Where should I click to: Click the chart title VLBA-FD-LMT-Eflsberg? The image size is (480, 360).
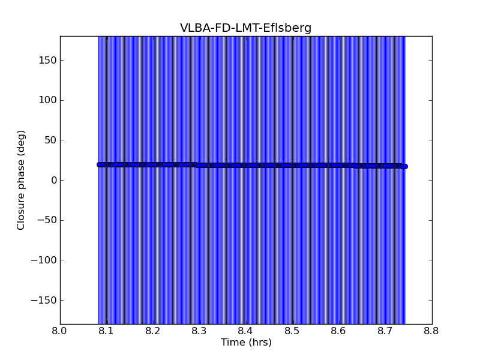245,28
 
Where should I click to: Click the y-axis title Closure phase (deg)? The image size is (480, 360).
22,180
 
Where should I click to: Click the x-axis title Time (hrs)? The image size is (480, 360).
246,343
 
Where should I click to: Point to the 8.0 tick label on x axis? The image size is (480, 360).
60,331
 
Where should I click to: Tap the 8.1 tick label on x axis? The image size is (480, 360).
106,331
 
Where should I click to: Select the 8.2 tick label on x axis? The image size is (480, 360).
153,331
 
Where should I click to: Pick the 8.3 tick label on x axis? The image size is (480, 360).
199,331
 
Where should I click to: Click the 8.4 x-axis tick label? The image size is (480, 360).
246,331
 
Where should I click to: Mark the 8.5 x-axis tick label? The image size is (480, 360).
292,331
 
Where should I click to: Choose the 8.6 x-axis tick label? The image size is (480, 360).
339,331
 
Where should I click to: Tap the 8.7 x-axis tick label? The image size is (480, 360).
385,331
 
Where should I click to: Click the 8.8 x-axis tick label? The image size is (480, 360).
432,331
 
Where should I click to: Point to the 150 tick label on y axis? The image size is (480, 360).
48,60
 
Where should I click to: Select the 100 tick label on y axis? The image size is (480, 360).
48,100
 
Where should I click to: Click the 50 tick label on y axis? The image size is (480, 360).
50,140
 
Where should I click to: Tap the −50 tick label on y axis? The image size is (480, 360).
47,220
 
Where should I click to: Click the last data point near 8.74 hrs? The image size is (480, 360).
404,166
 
